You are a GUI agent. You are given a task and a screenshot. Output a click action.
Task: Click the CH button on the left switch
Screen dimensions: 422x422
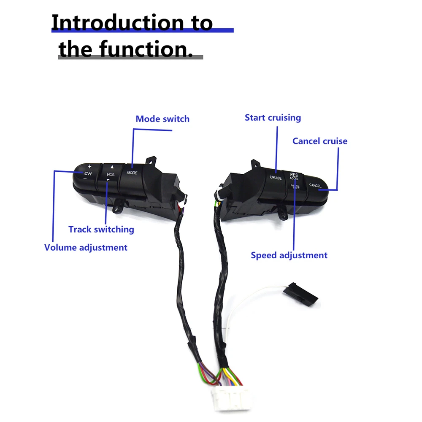(x=88, y=173)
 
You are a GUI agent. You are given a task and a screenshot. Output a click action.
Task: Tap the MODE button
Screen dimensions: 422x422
(x=132, y=173)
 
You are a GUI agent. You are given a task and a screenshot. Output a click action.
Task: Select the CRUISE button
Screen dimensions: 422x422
(x=276, y=178)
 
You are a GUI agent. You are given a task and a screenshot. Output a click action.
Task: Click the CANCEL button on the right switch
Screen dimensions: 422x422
(x=315, y=185)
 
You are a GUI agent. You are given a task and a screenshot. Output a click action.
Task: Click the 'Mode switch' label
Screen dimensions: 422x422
(x=162, y=119)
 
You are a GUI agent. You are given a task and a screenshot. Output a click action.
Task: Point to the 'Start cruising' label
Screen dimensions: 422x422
(x=273, y=118)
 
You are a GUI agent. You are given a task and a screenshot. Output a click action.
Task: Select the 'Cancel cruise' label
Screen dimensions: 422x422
(x=320, y=141)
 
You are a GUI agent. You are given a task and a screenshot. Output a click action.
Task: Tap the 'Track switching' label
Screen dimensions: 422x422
(x=101, y=230)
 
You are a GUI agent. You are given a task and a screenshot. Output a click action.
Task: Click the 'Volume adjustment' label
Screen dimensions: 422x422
(x=86, y=247)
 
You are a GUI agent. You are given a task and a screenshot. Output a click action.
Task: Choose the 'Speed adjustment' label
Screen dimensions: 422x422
(x=289, y=255)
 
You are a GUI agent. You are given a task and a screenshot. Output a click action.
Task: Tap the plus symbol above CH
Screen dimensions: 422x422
(x=89, y=166)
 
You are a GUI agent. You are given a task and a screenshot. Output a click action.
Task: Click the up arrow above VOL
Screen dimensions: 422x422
(x=112, y=167)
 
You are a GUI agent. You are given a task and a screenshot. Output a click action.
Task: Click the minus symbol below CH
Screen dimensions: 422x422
(x=85, y=179)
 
